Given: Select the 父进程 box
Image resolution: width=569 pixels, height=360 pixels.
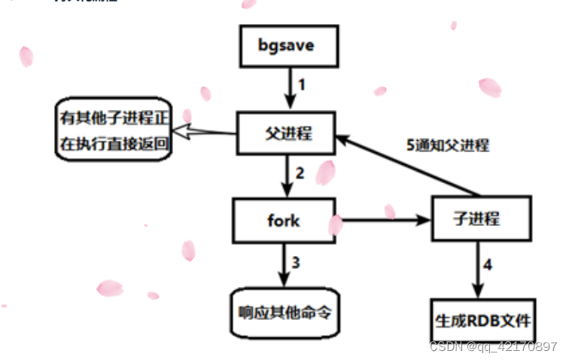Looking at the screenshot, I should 287,135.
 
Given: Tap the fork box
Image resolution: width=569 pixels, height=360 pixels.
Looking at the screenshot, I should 284,221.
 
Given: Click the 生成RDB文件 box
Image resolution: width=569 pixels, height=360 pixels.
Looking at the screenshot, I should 482,320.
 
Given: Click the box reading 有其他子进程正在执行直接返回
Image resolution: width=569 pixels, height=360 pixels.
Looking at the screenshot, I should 115,129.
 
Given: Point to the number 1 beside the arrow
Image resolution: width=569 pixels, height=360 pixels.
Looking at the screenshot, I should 302,84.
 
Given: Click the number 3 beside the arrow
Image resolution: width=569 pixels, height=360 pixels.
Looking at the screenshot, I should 296,263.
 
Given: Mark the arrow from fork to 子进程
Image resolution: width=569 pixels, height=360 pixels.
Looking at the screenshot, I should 381,221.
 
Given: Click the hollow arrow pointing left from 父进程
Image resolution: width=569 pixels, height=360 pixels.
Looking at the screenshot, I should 207,133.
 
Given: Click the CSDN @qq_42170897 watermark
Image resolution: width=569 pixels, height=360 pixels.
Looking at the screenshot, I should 492,346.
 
